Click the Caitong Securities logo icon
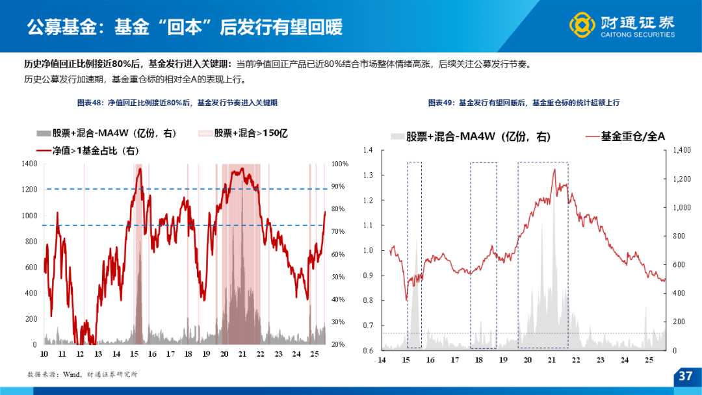[x=582, y=25]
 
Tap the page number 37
[x=686, y=376]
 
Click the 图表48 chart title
[x=177, y=103]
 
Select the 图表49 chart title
[x=524, y=103]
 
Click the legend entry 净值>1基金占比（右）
[x=88, y=151]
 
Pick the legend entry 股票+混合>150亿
[x=243, y=133]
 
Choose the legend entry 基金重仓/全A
[x=625, y=136]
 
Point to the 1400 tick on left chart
[x=29, y=164]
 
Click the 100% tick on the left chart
[x=340, y=164]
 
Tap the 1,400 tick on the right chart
[x=682, y=150]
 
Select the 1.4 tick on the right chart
[x=368, y=150]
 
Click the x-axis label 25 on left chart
[x=315, y=354]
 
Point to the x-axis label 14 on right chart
[x=382, y=360]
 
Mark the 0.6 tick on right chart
[x=368, y=351]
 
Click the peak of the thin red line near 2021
[x=554, y=169]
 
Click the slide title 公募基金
[x=62, y=27]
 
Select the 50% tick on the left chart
[x=339, y=277]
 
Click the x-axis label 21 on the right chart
[x=552, y=360]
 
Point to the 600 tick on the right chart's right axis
[x=679, y=265]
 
